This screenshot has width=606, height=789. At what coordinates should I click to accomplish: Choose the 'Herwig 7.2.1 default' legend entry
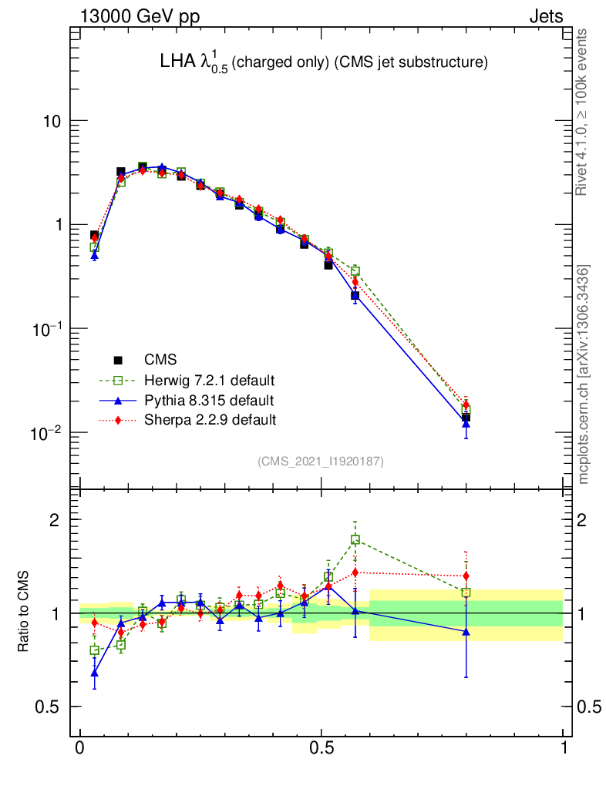[209, 381]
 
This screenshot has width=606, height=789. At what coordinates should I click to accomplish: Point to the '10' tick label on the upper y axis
[51, 122]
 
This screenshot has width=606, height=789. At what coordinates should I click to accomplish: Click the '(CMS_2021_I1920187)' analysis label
[320, 461]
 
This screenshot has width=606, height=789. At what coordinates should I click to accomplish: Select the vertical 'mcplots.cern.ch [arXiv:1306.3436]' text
[584, 374]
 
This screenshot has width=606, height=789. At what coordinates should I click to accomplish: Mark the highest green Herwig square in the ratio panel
[355, 540]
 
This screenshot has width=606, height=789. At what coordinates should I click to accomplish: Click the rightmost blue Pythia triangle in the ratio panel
[466, 631]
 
